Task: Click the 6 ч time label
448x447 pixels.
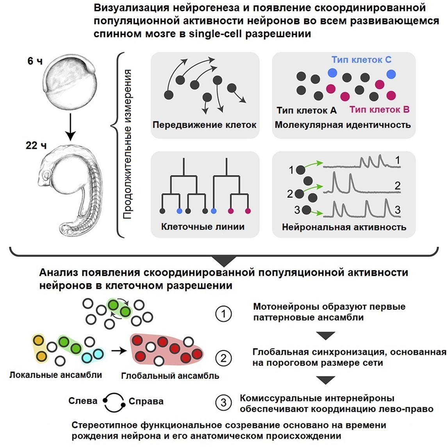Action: pyautogui.click(x=34, y=61)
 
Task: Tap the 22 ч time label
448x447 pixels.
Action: pyautogui.click(x=36, y=146)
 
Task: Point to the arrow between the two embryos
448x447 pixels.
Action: pyautogui.click(x=70, y=127)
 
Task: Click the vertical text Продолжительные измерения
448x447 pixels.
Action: pyautogui.click(x=127, y=144)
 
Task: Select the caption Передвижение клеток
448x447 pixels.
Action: pyautogui.click(x=204, y=125)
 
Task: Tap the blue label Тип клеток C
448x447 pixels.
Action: pyautogui.click(x=361, y=60)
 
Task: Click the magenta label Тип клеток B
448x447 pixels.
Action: pyautogui.click(x=379, y=109)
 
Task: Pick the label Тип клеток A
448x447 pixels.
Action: pyautogui.click(x=307, y=110)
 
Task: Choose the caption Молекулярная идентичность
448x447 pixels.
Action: pyautogui.click(x=343, y=125)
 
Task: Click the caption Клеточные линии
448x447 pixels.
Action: pyautogui.click(x=203, y=226)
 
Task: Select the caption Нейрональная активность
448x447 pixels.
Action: pyautogui.click(x=344, y=227)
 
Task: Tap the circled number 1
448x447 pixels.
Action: pyautogui.click(x=223, y=314)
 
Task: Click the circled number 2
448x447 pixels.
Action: pyautogui.click(x=223, y=358)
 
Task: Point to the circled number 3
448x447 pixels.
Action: pyautogui.click(x=223, y=402)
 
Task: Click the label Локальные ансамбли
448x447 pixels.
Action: pyautogui.click(x=55, y=375)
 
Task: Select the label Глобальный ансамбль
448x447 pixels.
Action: pyautogui.click(x=170, y=376)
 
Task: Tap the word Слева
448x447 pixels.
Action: pyautogui.click(x=83, y=401)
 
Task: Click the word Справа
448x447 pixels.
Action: pyautogui.click(x=146, y=401)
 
